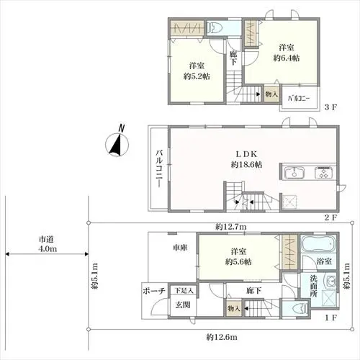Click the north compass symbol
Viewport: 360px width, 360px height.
[x=117, y=143]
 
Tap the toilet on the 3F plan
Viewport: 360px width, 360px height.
[x=215, y=28]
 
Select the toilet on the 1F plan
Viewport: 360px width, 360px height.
[x=298, y=308]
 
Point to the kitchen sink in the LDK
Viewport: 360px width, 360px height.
[x=294, y=173]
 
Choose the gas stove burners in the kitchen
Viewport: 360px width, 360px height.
[x=323, y=173]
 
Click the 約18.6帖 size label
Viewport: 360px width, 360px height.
[x=246, y=165]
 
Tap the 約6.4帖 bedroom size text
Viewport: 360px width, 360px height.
[x=287, y=58]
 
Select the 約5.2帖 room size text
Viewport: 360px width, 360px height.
[x=197, y=76]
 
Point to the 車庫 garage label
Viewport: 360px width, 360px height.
[x=180, y=248]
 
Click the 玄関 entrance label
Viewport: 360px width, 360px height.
[x=183, y=305]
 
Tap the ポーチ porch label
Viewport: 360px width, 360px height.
[x=154, y=291]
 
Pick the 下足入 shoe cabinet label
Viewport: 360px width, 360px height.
[x=184, y=291]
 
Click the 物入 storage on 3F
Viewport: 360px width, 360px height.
[x=271, y=94]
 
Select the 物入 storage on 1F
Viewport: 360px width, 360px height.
[x=234, y=308]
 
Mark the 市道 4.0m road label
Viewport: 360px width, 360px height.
[x=48, y=244]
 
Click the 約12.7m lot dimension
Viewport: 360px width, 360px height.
[x=230, y=227]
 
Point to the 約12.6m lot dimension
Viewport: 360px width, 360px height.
[x=222, y=337]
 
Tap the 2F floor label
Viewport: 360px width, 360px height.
[x=331, y=217]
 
